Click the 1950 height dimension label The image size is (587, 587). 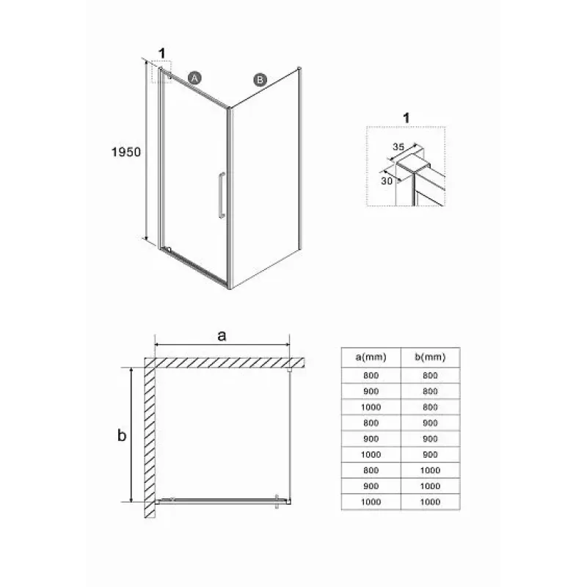(x=126, y=152)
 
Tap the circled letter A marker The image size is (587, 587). (x=194, y=78)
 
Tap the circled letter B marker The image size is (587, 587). (x=260, y=80)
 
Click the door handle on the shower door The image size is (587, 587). (x=222, y=195)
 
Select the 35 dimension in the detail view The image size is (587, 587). (x=398, y=147)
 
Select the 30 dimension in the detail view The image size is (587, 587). (x=387, y=181)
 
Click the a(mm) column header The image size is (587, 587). (x=371, y=357)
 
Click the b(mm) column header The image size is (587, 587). (x=430, y=357)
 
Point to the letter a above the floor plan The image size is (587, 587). (x=222, y=336)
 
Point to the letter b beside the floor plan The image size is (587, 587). (x=122, y=435)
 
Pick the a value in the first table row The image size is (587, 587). (x=371, y=376)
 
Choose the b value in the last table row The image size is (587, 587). (x=430, y=502)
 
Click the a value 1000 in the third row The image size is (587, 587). (x=371, y=407)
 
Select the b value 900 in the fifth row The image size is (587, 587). (x=430, y=439)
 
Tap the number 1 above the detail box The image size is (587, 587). (x=406, y=118)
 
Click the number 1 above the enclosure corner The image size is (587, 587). (x=161, y=54)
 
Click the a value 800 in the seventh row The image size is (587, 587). (x=371, y=470)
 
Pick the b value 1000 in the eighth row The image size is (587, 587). (x=430, y=486)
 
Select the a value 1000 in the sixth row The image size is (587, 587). (x=371, y=454)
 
